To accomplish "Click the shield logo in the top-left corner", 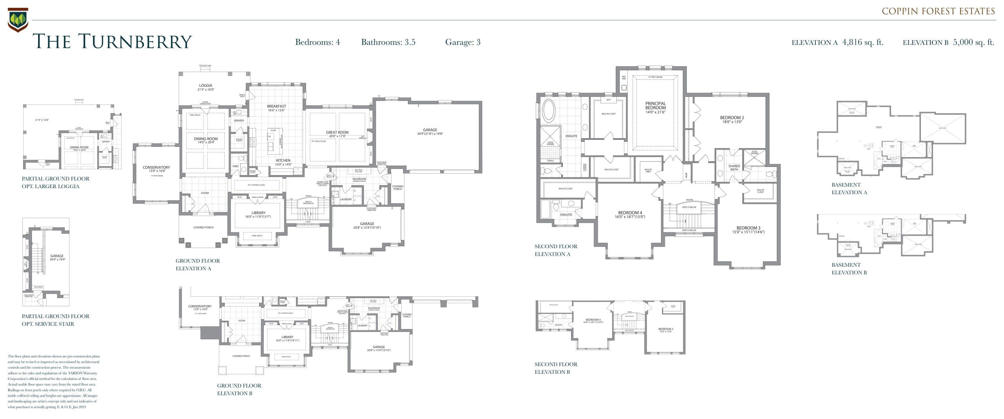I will (18, 20).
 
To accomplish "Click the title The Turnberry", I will (112, 42).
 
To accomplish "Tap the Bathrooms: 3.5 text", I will (388, 42).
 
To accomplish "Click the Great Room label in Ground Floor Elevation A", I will (337, 133).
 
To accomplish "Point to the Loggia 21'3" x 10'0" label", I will (206, 87).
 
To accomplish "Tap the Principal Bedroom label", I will (655, 106).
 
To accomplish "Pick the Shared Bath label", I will (734, 168).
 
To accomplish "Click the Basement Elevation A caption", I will (849, 188).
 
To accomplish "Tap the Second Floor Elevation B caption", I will (556, 368).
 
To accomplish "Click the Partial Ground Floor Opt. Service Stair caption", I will (55, 320).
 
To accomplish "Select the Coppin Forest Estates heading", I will (938, 11).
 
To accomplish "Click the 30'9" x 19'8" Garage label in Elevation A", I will (430, 132).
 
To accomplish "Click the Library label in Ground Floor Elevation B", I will (287, 337).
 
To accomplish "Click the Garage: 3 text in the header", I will (462, 42).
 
